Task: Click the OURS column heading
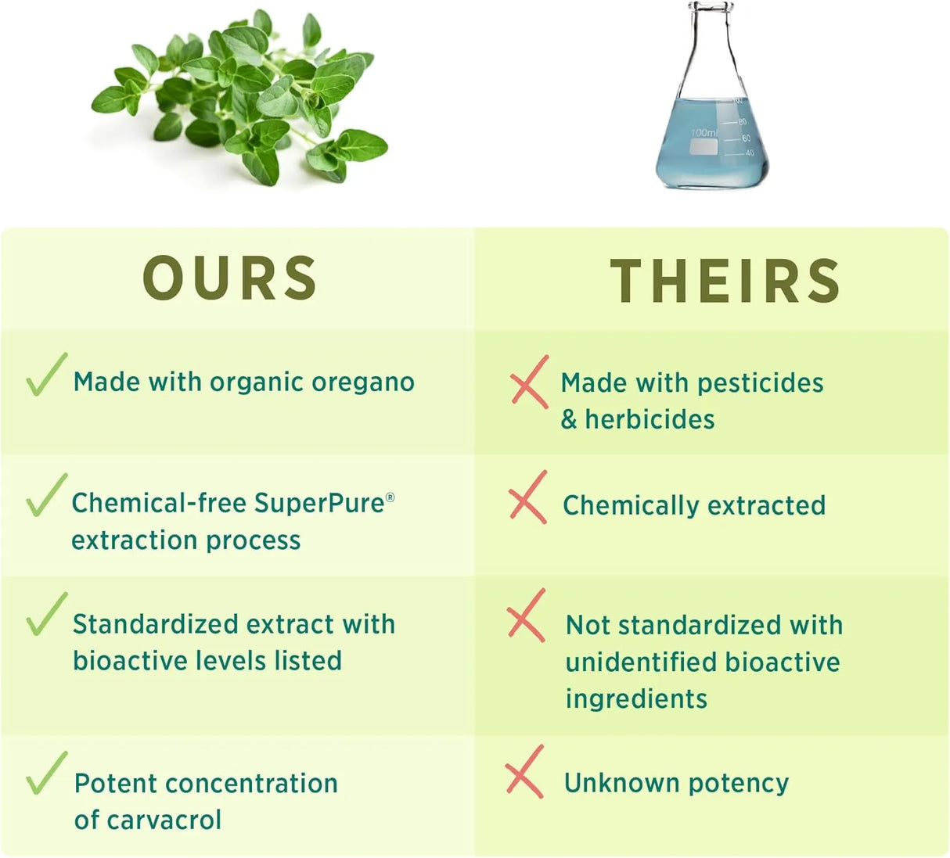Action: click(230, 278)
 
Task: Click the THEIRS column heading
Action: click(725, 281)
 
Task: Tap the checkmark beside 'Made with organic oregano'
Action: click(45, 375)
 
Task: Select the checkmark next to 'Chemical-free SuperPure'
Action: click(45, 496)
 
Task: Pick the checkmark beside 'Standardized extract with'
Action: click(45, 615)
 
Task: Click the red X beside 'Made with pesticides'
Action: click(529, 382)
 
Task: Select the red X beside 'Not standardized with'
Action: click(526, 616)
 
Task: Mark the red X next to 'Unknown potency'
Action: click(524, 772)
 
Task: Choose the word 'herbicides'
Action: click(650, 419)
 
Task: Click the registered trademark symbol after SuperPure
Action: click(390, 497)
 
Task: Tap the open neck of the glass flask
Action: click(712, 8)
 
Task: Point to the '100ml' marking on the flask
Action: click(704, 133)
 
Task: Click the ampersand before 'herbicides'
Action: click(569, 419)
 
